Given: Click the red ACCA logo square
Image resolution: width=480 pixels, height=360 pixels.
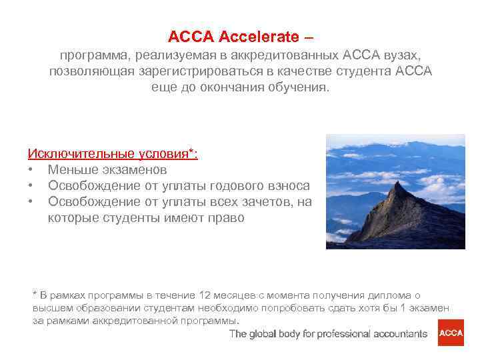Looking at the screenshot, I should (x=450, y=333).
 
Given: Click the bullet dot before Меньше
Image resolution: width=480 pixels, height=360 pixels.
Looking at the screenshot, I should (x=31, y=171).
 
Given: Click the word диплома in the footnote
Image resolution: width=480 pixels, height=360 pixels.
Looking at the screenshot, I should (x=388, y=295).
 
